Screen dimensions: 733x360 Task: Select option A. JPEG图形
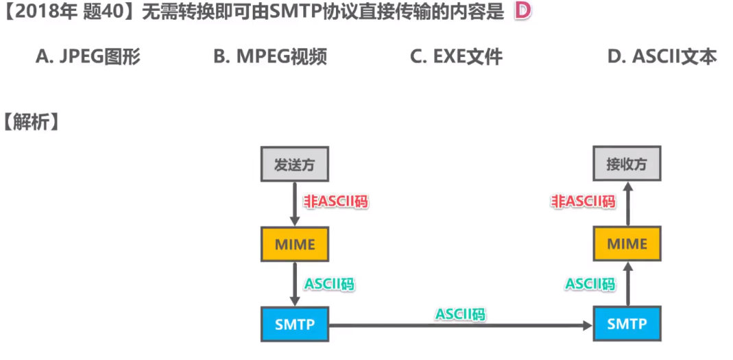pyautogui.click(x=88, y=57)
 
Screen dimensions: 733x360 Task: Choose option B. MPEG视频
pyautogui.click(x=269, y=57)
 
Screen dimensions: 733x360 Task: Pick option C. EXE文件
pyautogui.click(x=456, y=57)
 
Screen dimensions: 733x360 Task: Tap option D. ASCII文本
pyautogui.click(x=662, y=57)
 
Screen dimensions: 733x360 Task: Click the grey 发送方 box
pyautogui.click(x=295, y=165)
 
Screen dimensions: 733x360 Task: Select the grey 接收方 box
pyautogui.click(x=627, y=165)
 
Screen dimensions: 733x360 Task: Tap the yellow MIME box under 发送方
pyautogui.click(x=295, y=244)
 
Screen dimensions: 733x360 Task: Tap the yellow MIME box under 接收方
pyautogui.click(x=627, y=244)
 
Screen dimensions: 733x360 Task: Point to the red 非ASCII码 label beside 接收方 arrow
pyautogui.click(x=583, y=202)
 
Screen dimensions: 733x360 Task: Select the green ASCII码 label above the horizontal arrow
pyautogui.click(x=460, y=313)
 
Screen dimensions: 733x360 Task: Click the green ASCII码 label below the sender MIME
pyautogui.click(x=329, y=283)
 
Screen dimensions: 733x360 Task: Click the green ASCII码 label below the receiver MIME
pyautogui.click(x=590, y=283)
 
